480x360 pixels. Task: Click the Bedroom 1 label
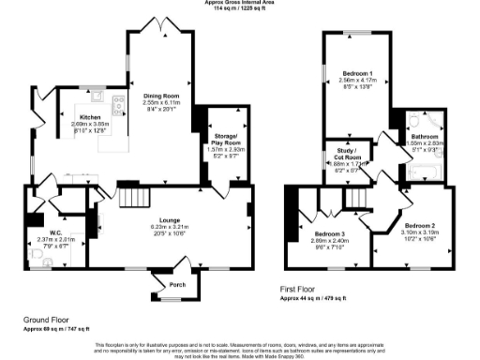pos(357,73)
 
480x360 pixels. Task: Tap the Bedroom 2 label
pos(420,226)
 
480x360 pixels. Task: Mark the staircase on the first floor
pos(356,198)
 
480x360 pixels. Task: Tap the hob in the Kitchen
pos(119,105)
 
